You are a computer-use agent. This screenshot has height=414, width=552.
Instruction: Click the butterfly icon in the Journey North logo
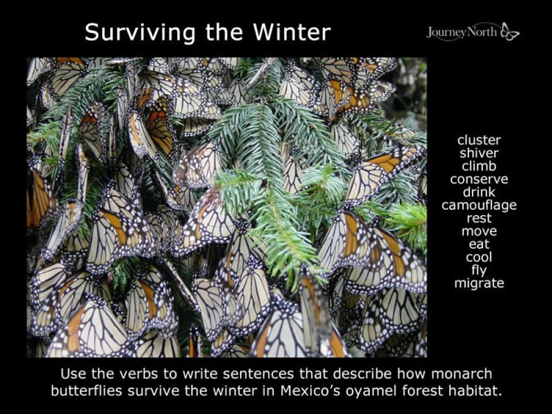510,31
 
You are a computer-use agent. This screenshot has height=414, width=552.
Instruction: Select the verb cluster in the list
479,140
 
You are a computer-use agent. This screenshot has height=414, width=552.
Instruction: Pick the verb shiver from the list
479,153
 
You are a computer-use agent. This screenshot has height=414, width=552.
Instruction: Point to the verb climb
479,166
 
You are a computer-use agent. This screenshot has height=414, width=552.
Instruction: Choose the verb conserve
479,179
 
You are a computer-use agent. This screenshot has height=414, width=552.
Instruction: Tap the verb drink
479,192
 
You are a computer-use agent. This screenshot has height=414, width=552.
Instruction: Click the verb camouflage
479,205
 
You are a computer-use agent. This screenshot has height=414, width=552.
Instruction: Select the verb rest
479,218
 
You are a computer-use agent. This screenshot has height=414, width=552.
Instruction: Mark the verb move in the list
479,231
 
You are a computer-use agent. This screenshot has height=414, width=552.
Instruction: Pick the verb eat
479,244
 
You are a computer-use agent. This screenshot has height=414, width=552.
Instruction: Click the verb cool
479,257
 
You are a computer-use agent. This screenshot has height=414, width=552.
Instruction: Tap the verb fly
479,270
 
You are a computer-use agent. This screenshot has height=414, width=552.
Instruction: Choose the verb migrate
479,283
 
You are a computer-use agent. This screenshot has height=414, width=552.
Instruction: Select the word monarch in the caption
459,374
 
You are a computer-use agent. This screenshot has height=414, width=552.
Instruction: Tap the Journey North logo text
462,32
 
